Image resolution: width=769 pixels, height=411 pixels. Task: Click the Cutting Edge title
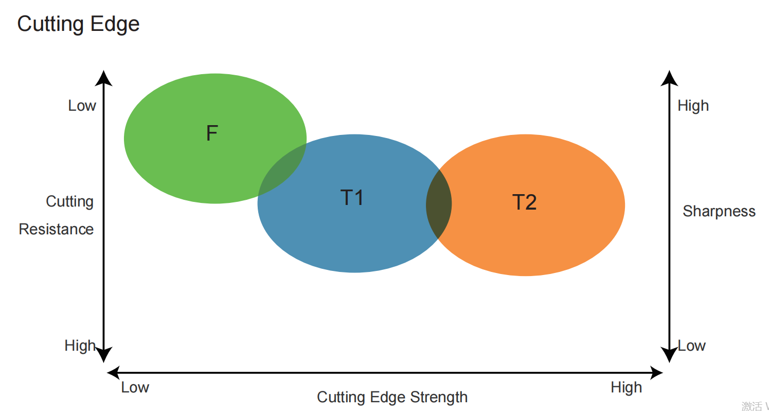pos(78,24)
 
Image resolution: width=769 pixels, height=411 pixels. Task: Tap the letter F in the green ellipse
pos(212,133)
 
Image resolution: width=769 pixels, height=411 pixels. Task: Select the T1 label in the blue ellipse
pos(352,197)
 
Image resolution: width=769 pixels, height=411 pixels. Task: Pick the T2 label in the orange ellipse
pos(525,202)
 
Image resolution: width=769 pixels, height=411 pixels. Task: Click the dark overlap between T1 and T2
pos(439,204)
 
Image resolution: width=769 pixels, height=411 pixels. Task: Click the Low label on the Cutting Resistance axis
pos(82,106)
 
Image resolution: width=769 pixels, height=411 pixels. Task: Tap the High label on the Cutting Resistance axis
pos(80,345)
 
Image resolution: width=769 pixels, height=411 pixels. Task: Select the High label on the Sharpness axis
pos(693,106)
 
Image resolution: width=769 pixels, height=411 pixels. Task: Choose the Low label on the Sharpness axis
pos(691,346)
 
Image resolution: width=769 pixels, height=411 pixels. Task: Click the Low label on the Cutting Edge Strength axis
pos(135,387)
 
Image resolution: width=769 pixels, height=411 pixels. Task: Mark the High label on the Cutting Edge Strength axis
pos(626,387)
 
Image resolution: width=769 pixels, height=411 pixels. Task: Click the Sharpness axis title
pos(719,211)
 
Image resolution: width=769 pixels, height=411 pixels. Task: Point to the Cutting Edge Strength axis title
pos(392,397)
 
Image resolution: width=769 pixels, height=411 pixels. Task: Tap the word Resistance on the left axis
pos(56,229)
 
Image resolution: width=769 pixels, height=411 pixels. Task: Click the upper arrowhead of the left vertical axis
pos(104,78)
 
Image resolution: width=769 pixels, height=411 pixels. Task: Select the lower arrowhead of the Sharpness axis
pos(669,354)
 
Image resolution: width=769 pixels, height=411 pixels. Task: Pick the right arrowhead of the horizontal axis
pos(656,372)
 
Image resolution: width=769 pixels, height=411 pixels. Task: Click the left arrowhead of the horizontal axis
pos(114,372)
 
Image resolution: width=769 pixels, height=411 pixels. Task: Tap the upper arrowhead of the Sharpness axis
pos(669,78)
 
